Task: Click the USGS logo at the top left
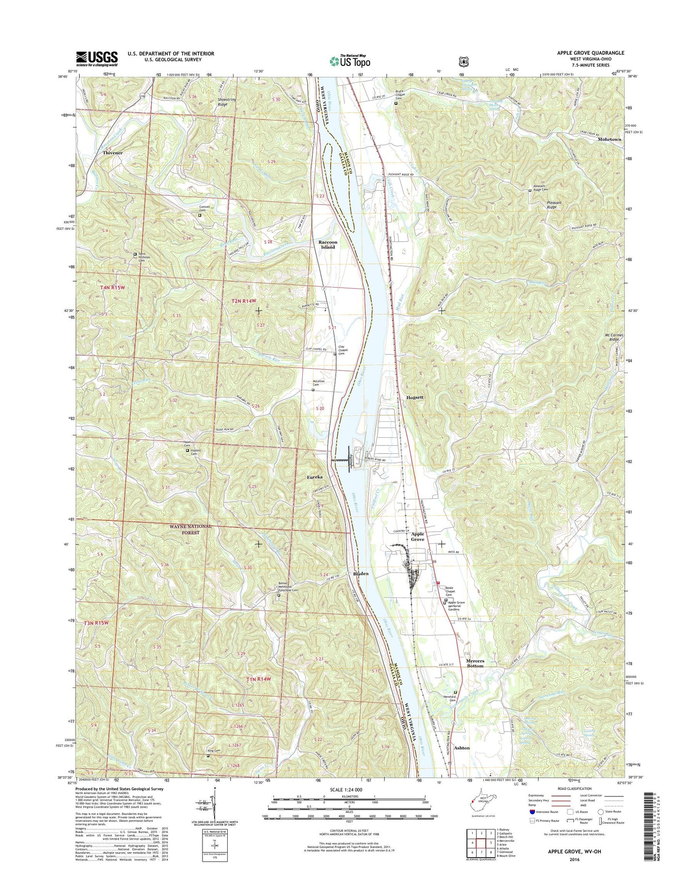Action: [x=96, y=58]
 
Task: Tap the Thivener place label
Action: [x=112, y=153]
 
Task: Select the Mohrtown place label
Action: [x=609, y=139]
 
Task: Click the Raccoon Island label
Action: [x=327, y=244]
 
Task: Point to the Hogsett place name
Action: [x=415, y=397]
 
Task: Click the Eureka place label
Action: [x=315, y=478]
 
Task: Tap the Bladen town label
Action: [x=360, y=574]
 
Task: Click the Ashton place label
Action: [x=462, y=748]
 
